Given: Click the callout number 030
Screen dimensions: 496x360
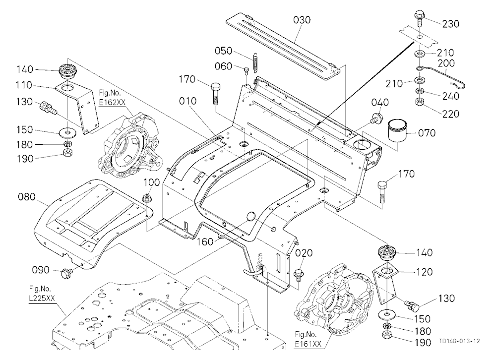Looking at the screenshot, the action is pyautogui.click(x=302, y=20).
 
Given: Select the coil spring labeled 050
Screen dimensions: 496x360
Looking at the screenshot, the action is pyautogui.click(x=255, y=62).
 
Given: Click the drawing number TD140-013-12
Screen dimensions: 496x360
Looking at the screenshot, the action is pyautogui.click(x=459, y=341).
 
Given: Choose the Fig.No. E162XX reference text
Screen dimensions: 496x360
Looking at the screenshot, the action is pyautogui.click(x=112, y=98).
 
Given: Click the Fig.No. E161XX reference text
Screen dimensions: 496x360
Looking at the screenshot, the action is pyautogui.click(x=308, y=339).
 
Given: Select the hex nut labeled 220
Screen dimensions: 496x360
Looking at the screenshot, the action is pyautogui.click(x=420, y=102).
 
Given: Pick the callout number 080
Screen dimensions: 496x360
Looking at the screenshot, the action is pyautogui.click(x=27, y=197).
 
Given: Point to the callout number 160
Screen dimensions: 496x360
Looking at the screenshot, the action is pyautogui.click(x=205, y=242).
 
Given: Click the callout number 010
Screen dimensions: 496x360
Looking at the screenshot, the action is pyautogui.click(x=187, y=101).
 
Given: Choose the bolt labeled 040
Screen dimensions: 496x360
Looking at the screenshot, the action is pyautogui.click(x=376, y=119).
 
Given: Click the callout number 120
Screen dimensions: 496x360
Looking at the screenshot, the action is pyautogui.click(x=424, y=272).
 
